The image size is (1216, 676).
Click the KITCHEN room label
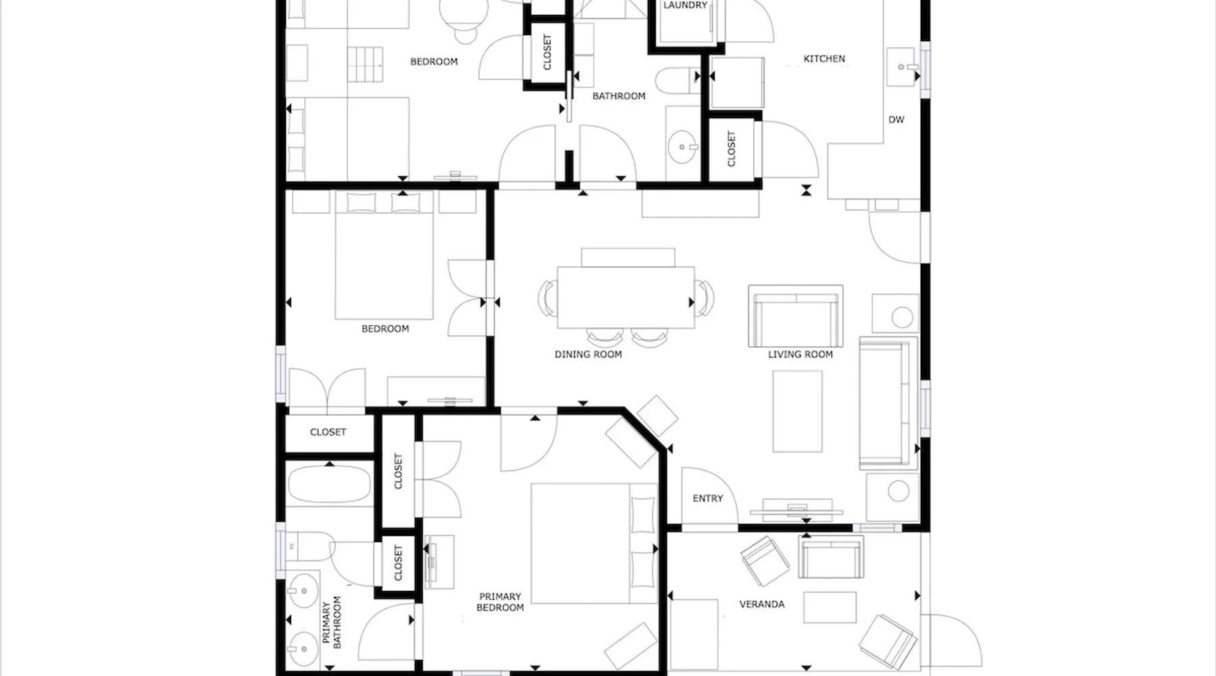824,59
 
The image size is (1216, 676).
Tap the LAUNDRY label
685,5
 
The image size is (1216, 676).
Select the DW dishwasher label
896,120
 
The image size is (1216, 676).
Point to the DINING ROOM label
588,354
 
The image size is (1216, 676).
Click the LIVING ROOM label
801,354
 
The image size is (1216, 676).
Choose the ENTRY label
708,498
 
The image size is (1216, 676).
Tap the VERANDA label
762,604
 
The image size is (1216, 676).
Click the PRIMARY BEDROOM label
501,602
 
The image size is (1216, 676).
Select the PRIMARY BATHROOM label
332,622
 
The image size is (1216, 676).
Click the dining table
626,297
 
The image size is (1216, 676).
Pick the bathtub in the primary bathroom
329,485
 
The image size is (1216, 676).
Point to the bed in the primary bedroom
594,544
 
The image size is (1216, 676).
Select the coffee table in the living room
798,411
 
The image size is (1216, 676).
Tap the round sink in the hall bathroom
684,146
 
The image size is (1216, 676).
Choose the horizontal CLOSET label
328,432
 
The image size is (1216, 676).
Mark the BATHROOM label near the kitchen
619,96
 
